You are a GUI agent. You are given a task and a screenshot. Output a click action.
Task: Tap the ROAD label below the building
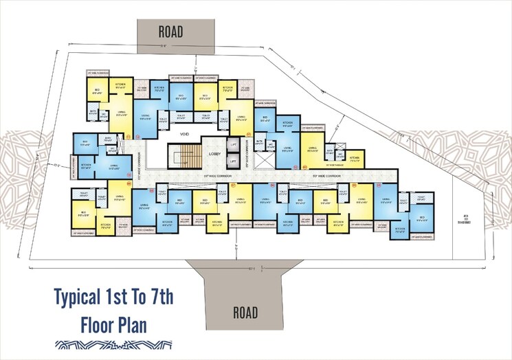pyautogui.click(x=245, y=313)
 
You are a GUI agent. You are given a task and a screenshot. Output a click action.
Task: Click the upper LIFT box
pyautogui.click(x=234, y=146)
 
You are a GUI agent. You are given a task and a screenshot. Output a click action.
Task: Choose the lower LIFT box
pyautogui.click(x=234, y=161)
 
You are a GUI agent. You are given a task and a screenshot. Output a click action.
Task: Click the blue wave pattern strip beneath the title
pyautogui.click(x=113, y=346)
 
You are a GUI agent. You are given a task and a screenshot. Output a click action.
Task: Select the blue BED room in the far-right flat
pyautogui.click(x=421, y=220)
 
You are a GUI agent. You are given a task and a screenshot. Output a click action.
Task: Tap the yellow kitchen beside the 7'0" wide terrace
pyautogui.click(x=354, y=158)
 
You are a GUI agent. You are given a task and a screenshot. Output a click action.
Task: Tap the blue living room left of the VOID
pyautogui.click(x=145, y=119)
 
